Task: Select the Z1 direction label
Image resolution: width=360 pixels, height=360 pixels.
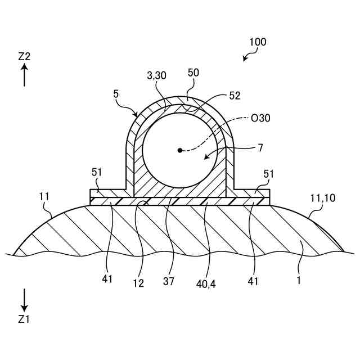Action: click(x=24, y=319)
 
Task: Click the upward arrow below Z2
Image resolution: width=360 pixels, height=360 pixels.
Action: click(x=24, y=74)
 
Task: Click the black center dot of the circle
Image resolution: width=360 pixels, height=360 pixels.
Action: click(x=180, y=150)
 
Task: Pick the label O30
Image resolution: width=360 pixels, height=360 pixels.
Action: click(x=261, y=118)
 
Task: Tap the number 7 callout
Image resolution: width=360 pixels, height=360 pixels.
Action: click(x=260, y=148)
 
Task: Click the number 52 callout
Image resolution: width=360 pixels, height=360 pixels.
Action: click(x=234, y=96)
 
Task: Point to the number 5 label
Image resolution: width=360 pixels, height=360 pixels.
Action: click(x=116, y=94)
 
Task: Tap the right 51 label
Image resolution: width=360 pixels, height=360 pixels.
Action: click(x=268, y=174)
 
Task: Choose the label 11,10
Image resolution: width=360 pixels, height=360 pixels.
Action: click(x=322, y=197)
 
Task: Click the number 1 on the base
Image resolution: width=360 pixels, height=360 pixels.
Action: click(x=299, y=278)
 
